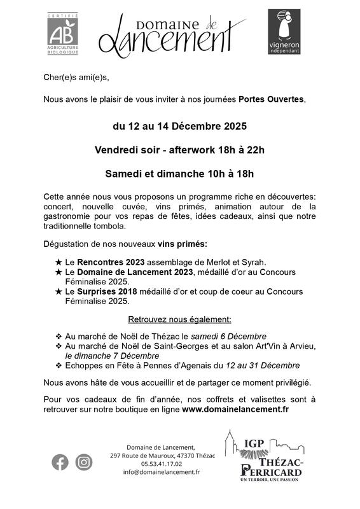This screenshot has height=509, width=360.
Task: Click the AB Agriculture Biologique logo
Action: click(64, 34)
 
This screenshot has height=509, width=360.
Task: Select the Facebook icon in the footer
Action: click(60, 463)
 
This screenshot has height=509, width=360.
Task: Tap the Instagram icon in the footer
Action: click(84, 463)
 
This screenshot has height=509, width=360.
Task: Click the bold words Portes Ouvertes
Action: click(272, 100)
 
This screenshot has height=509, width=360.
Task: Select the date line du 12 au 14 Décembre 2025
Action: click(180, 127)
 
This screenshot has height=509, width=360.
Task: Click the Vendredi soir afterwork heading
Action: click(179, 150)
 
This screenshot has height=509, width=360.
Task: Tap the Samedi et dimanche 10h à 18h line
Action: click(179, 172)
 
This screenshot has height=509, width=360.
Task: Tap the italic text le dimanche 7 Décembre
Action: click(112, 356)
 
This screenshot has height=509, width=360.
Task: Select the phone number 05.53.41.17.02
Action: click(162, 464)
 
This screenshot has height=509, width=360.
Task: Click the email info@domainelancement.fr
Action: click(162, 472)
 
